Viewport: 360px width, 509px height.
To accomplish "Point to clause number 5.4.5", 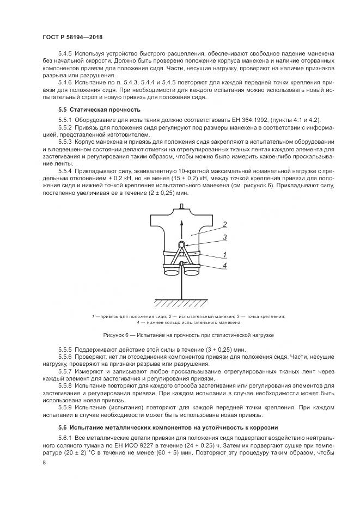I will click(65, 56).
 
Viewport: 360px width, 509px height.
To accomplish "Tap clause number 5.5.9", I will click(65, 406).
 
